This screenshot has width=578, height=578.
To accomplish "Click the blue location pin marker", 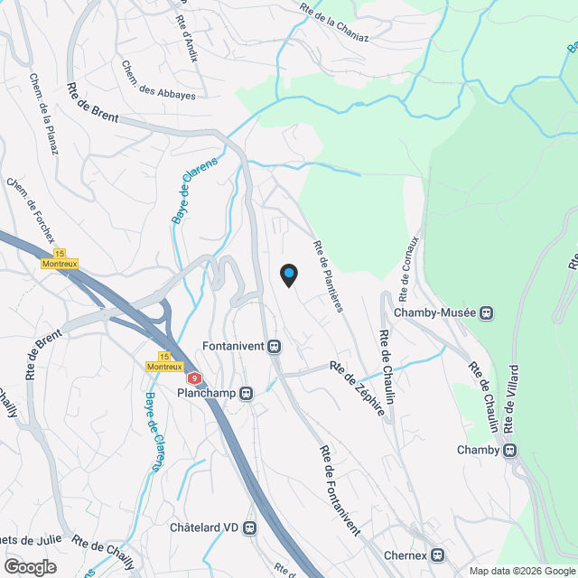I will [x=288, y=275].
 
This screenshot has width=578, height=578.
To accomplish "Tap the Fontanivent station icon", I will [x=275, y=346].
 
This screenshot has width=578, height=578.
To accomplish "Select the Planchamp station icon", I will [x=246, y=393].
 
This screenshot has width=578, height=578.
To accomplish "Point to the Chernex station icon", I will [x=438, y=555].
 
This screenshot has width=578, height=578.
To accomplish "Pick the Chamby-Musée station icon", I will [x=486, y=313].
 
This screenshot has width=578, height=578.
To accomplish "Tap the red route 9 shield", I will [x=193, y=378].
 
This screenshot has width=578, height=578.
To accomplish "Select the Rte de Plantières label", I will [x=328, y=275].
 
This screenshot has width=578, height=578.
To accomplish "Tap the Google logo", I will [x=29, y=566].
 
